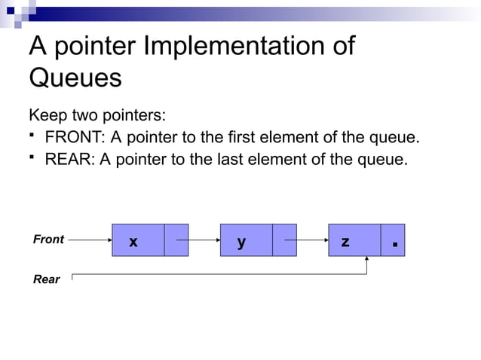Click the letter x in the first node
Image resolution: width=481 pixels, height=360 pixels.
pos(133,242)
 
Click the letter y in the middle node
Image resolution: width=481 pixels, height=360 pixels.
pos(241,242)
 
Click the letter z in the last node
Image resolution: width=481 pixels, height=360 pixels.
pos(345,242)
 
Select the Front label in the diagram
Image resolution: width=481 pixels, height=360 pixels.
pos(49,239)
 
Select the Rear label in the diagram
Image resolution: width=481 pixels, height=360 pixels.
pos(47,279)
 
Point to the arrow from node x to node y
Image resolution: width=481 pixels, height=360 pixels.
pos(198,240)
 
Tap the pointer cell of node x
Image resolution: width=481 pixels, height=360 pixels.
pos(176,240)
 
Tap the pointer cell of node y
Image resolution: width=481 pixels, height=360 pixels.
pos(284,240)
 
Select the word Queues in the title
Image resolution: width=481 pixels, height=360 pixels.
pos(75,78)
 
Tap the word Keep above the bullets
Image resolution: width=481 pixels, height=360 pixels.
pos(46,117)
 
